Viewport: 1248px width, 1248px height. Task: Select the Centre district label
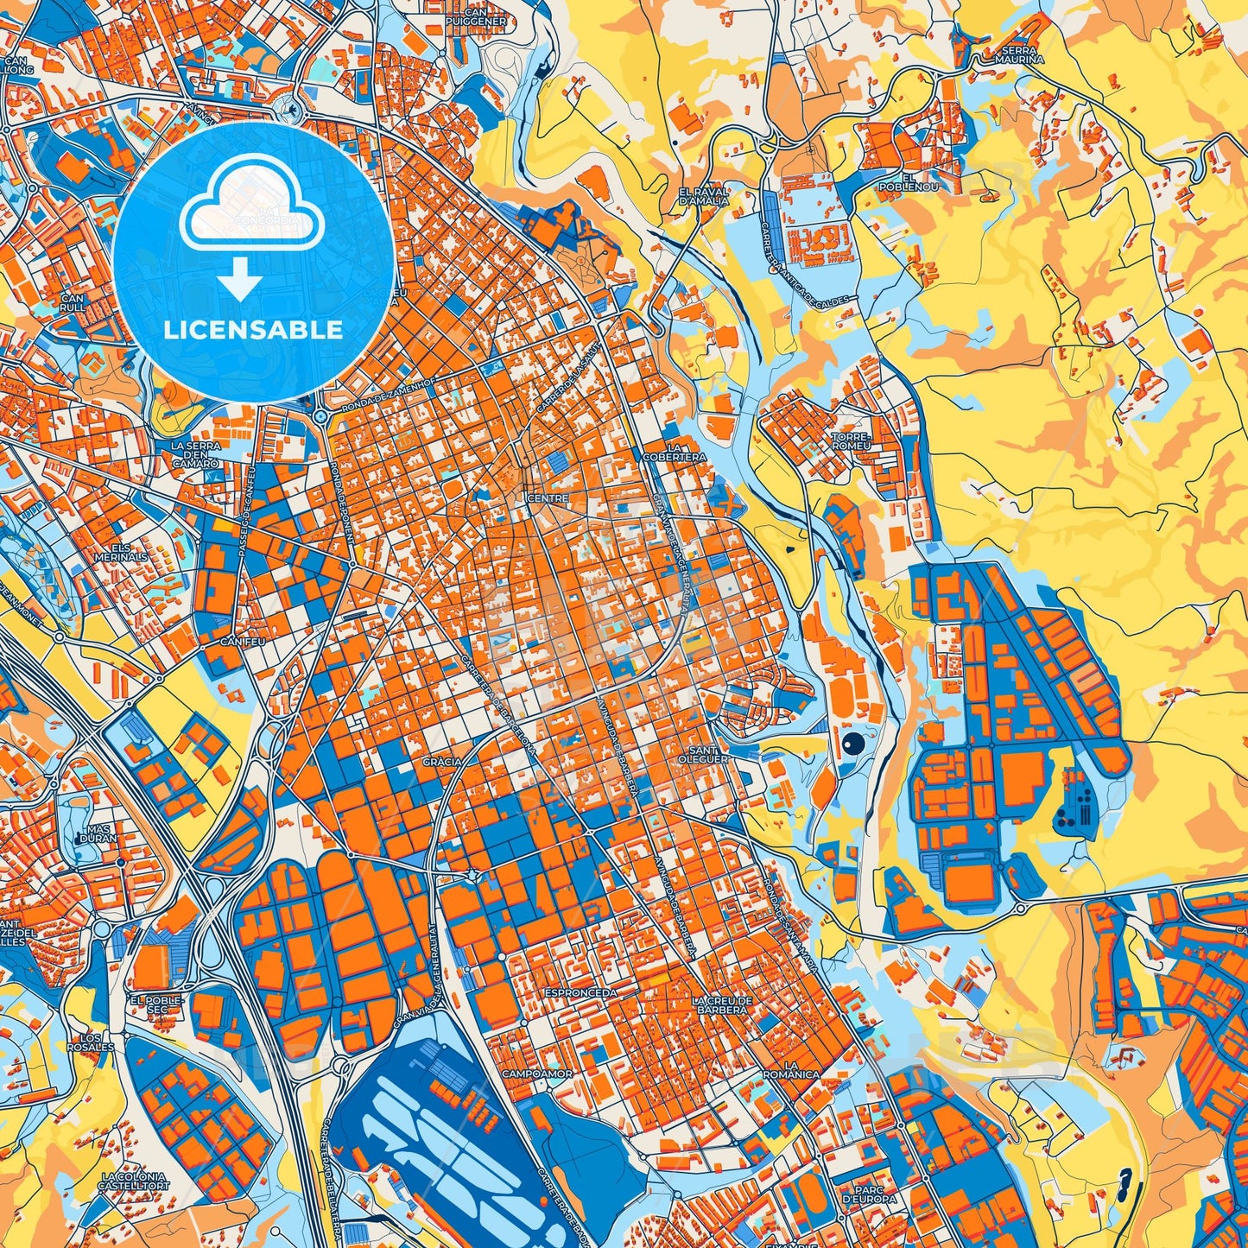click(x=548, y=498)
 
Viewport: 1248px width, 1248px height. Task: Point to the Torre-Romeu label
click(x=852, y=441)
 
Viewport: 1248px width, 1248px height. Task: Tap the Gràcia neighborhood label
click(x=442, y=762)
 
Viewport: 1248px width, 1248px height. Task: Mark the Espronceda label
click(x=580, y=993)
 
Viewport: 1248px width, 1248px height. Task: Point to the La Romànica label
click(x=791, y=1070)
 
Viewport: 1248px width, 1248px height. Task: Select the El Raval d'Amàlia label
click(x=704, y=195)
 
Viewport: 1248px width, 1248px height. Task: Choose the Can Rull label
click(x=73, y=303)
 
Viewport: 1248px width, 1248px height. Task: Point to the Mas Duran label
click(x=96, y=833)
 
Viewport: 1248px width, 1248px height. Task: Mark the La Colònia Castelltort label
click(x=136, y=1181)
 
